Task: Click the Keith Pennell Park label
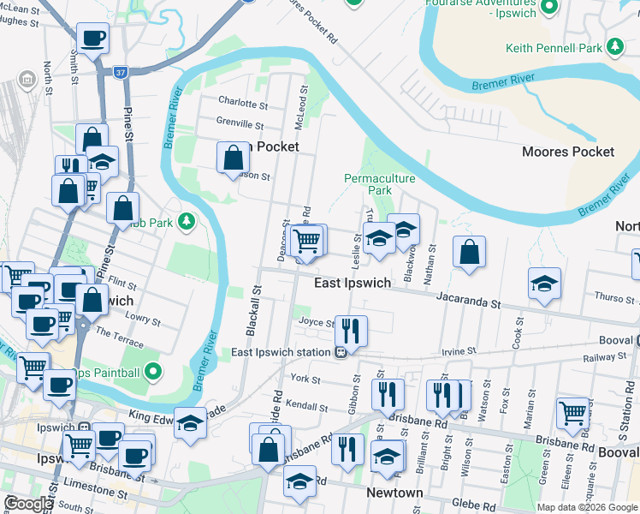pos(554,49)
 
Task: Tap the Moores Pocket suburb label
pos(568,152)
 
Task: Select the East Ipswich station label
pos(281,352)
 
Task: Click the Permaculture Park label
pos(379,184)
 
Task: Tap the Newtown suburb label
pos(394,493)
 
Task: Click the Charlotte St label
pos(242,103)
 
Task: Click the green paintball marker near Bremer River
pos(153,371)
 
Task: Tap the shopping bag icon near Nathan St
pos(469,252)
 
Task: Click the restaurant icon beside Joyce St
pos(351,330)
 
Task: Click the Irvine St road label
pos(459,351)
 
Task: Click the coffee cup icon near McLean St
pos(92,38)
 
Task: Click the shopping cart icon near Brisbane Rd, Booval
pos(572,412)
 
